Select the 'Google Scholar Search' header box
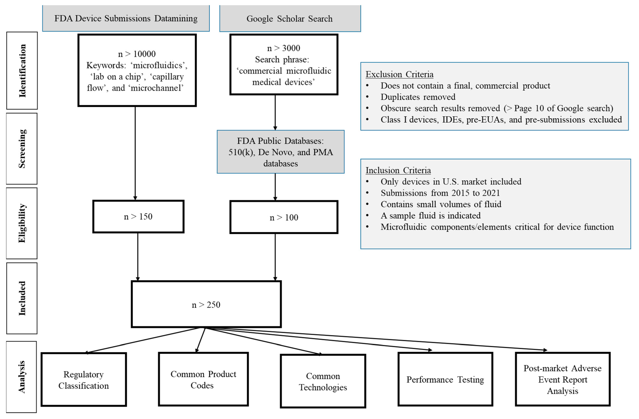tap(290, 18)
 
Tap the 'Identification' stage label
tap(22, 71)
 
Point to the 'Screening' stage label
tap(22, 149)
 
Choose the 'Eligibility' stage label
tap(22, 223)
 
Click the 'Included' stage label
tap(22, 298)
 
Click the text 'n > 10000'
tap(137, 54)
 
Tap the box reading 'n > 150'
tap(138, 216)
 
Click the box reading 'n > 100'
tap(284, 217)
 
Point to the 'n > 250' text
tap(206, 305)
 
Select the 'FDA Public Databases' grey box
tap(281, 152)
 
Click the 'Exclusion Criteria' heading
tap(400, 74)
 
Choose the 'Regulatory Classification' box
tap(84, 379)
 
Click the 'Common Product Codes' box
tap(203, 379)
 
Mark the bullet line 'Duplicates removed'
tap(411, 97)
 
